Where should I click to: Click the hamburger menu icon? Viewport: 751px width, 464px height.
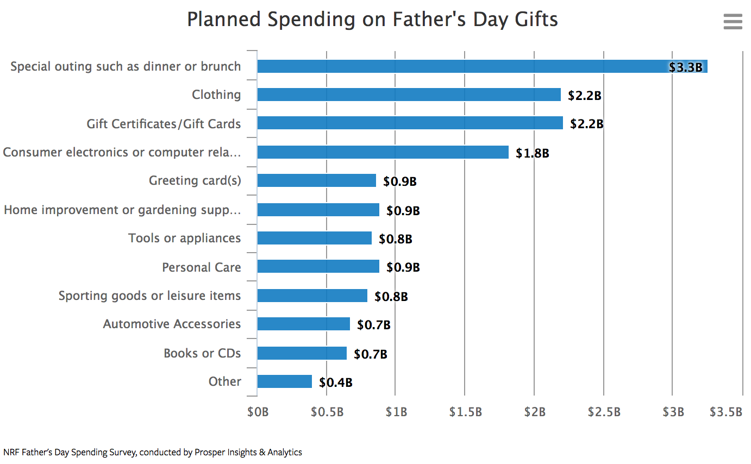click(x=733, y=21)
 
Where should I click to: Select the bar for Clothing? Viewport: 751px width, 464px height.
click(x=409, y=95)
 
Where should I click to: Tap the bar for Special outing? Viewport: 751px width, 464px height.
click(x=481, y=66)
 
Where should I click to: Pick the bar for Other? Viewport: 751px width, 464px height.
click(x=284, y=381)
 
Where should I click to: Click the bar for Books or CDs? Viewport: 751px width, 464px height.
click(x=302, y=353)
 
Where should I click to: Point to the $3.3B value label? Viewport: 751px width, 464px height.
click(x=686, y=67)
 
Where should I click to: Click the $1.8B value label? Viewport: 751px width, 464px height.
click(x=532, y=153)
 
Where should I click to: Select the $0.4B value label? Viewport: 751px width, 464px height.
click(x=335, y=383)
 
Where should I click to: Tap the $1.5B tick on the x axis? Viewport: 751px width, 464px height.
click(x=465, y=412)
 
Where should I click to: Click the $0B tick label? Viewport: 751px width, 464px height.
click(x=258, y=412)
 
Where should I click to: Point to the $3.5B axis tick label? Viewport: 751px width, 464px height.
click(x=725, y=412)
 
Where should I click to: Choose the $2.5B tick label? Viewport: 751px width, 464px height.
click(x=604, y=412)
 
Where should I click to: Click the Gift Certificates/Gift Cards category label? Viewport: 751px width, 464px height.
click(x=164, y=124)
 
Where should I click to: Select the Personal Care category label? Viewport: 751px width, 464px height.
click(x=201, y=267)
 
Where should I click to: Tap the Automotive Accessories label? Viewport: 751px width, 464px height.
click(x=172, y=324)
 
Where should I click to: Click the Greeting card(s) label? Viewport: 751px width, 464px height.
click(x=195, y=180)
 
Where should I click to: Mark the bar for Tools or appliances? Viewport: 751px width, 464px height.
click(x=314, y=238)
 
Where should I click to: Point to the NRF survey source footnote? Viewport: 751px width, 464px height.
click(x=152, y=452)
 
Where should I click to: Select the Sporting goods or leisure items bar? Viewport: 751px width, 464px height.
click(x=312, y=296)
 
